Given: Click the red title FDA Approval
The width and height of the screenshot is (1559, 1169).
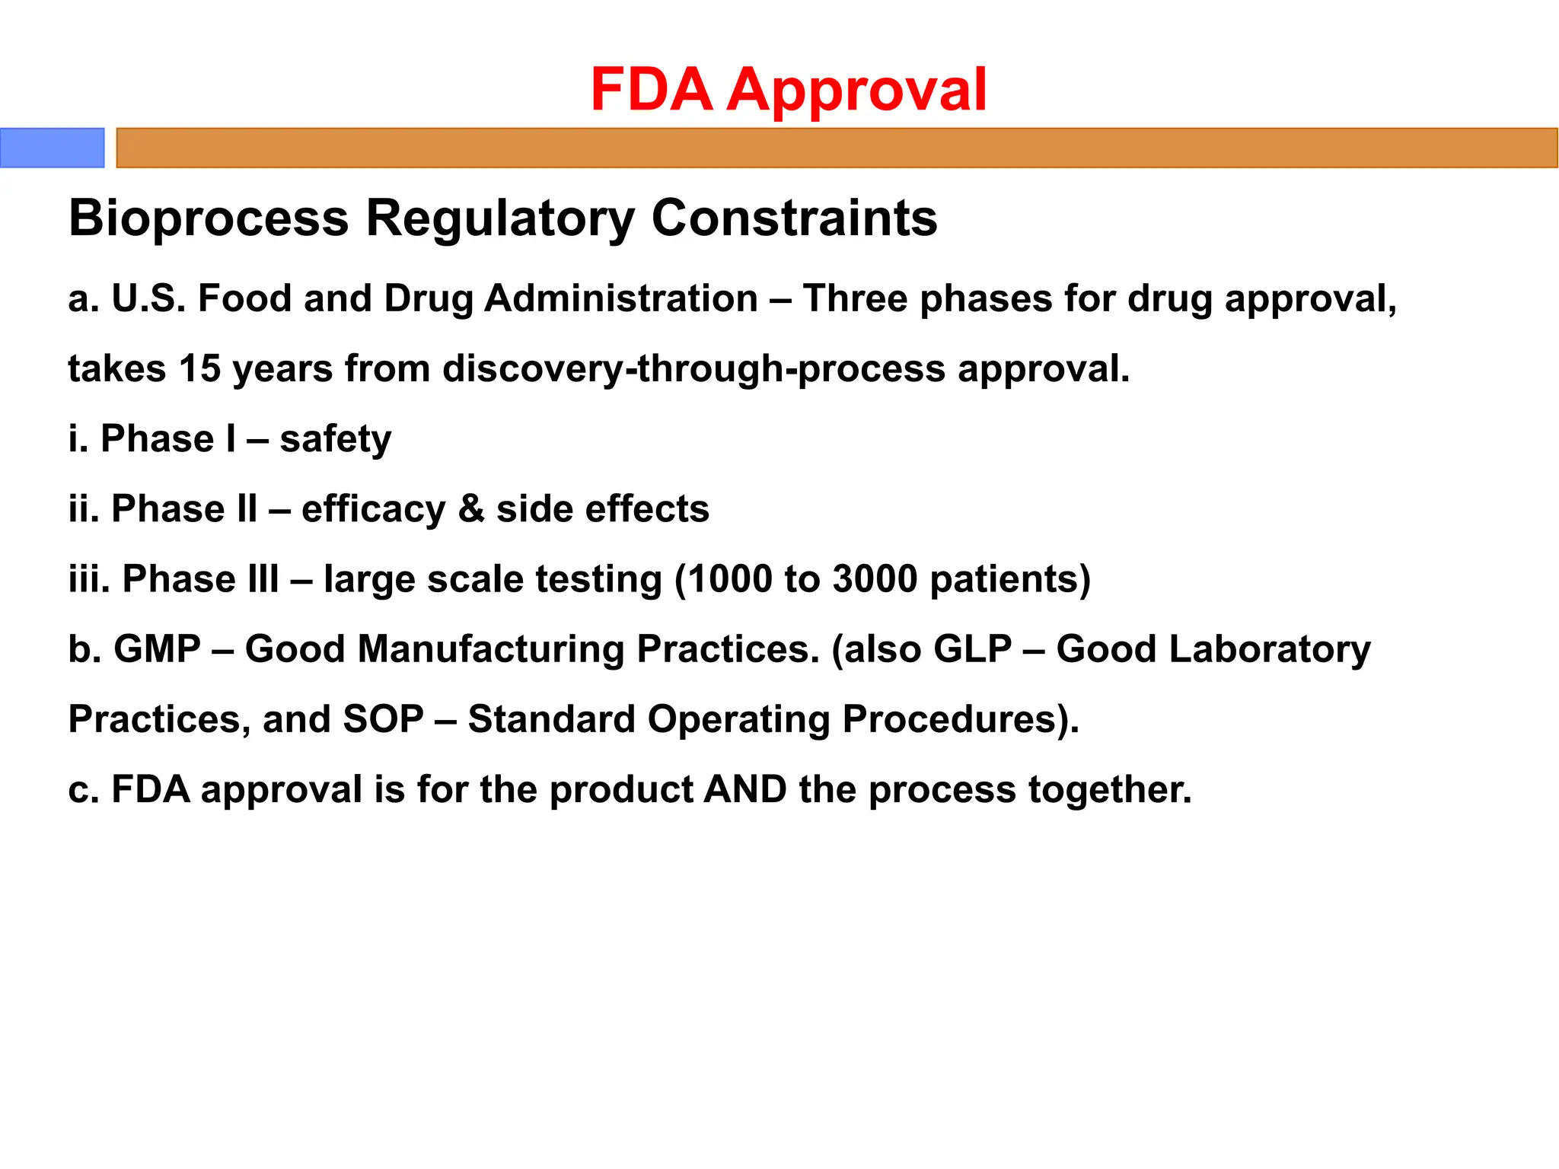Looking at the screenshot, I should pyautogui.click(x=789, y=90).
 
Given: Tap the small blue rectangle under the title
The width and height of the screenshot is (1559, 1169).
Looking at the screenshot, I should pyautogui.click(x=52, y=148).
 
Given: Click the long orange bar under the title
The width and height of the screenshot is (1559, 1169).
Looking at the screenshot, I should pyautogui.click(x=836, y=148).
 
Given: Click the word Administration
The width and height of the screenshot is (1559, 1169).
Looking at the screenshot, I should pyautogui.click(x=621, y=298).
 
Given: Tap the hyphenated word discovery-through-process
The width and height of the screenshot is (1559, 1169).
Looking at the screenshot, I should pyautogui.click(x=694, y=369).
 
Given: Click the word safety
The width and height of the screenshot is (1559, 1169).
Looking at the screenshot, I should pyautogui.click(x=335, y=439).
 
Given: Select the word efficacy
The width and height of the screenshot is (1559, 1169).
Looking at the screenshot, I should pyautogui.click(x=373, y=509).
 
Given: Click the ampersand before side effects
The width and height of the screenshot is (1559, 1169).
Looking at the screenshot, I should pyautogui.click(x=471, y=509).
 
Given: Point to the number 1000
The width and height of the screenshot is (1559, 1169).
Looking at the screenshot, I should pyautogui.click(x=730, y=579).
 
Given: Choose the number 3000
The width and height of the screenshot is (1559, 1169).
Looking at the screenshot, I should pyautogui.click(x=875, y=579).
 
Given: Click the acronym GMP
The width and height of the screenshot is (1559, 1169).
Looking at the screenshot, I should pyautogui.click(x=157, y=650).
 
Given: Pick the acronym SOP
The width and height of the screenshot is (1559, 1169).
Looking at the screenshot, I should pyautogui.click(x=383, y=720).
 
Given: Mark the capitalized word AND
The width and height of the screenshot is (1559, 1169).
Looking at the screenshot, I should pyautogui.click(x=745, y=790).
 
